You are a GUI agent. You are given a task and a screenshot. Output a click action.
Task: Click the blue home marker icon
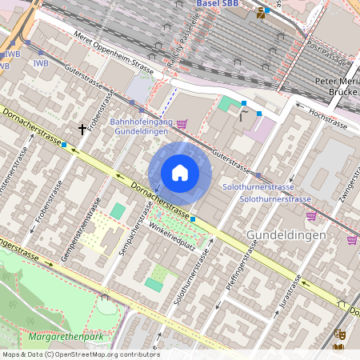tap(180, 173)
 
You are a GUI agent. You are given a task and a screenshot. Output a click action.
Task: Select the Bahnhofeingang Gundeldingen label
tap(140, 125)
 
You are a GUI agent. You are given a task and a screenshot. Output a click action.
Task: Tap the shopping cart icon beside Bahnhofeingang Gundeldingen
tap(182, 123)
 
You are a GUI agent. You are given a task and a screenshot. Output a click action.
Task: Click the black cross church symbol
tap(82, 128)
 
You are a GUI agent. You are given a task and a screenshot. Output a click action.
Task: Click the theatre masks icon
tap(339, 334)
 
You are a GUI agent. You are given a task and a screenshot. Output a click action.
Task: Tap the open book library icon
tap(338, 347)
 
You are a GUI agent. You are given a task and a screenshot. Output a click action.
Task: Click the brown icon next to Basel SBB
tap(261, 12)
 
